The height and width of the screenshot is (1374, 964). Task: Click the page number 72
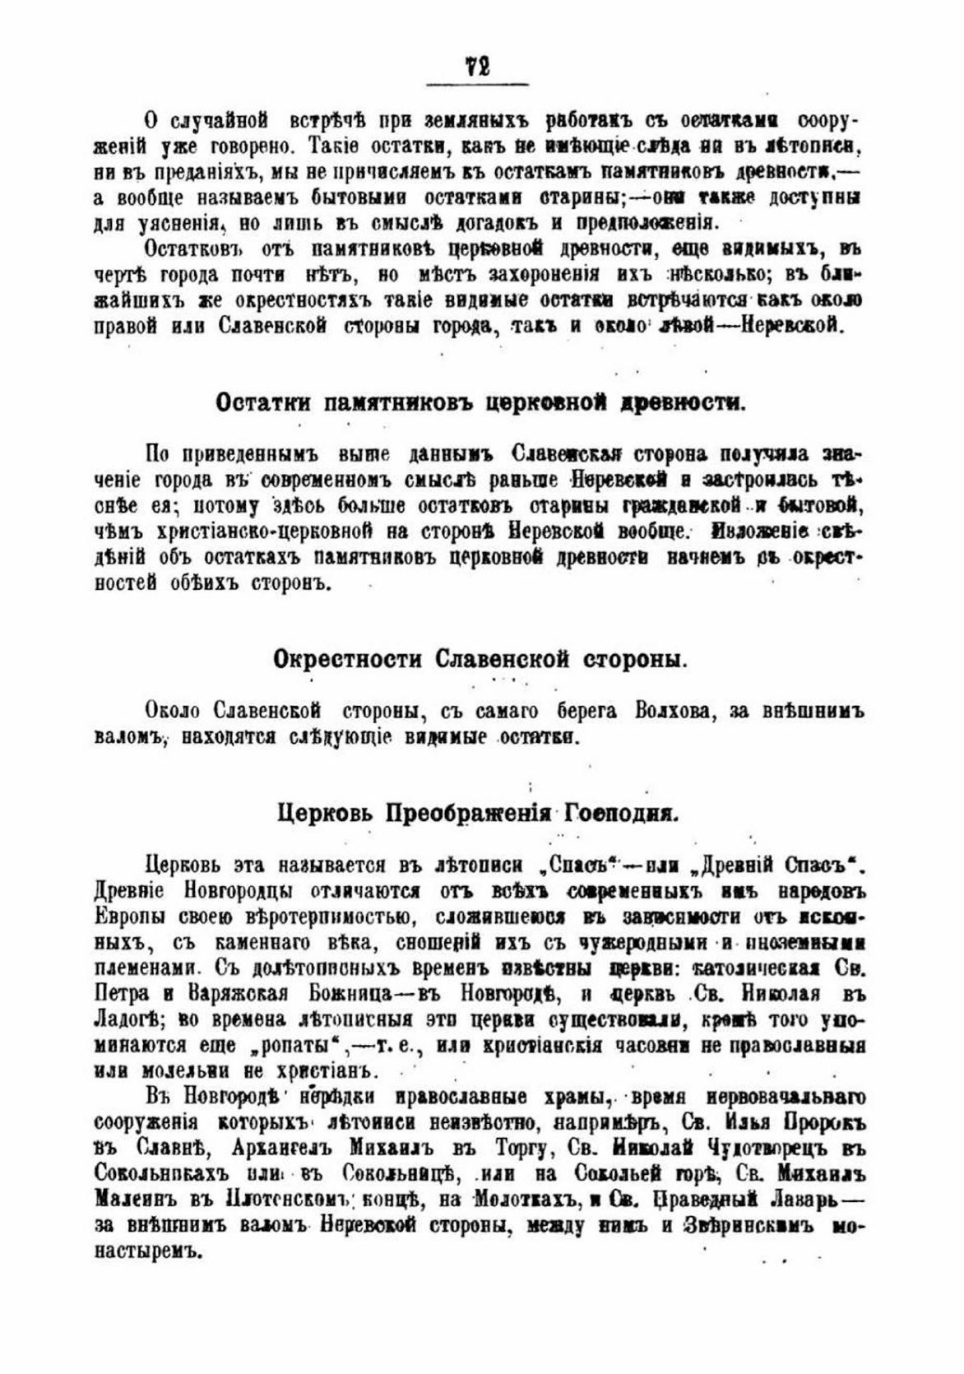[478, 66]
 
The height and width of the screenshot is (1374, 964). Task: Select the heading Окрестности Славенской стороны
[480, 660]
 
